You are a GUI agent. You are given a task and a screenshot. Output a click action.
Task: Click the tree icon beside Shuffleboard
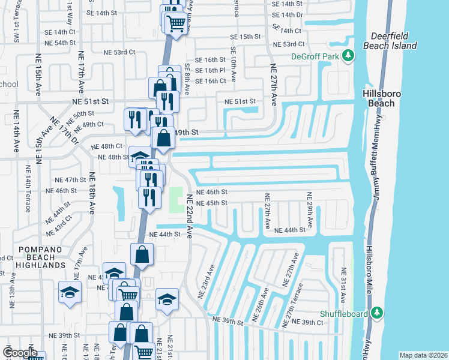[377, 312]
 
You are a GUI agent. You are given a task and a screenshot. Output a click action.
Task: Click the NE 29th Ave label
[310, 210]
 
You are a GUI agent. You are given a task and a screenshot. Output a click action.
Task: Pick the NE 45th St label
[212, 203]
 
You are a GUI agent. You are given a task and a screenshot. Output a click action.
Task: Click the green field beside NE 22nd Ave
[176, 200]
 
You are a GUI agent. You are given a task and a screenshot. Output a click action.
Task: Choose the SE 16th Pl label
[209, 70]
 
